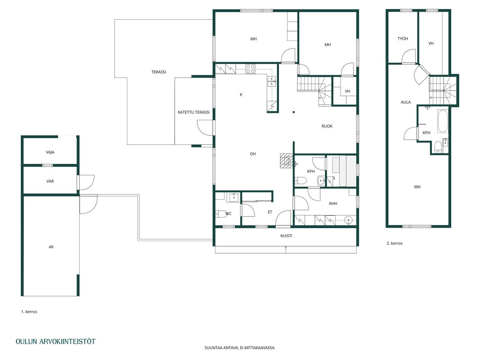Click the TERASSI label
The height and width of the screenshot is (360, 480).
pos(158,72)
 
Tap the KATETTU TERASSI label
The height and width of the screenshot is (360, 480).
pos(193,112)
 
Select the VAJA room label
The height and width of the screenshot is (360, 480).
pos(50,152)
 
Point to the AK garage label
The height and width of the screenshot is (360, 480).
pos(51,247)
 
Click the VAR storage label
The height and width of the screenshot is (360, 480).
pos(50,181)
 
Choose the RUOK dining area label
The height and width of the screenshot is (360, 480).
pos(327,126)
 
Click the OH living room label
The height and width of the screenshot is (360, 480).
pos(252,154)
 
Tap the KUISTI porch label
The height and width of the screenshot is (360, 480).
pos(286,236)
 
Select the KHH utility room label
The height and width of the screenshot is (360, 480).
pos(333,203)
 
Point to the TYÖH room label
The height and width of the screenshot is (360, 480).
pos(403,39)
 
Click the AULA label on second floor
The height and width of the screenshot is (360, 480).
pos(406,102)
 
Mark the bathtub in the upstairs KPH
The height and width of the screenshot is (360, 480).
pos(443,121)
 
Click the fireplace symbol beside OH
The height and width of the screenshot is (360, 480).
pos(287,161)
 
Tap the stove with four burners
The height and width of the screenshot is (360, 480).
pos(251,69)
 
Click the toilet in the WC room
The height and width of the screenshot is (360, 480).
pos(221,214)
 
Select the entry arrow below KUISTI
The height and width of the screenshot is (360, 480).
pos(286,249)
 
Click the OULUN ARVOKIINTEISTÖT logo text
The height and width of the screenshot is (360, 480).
pos(55,342)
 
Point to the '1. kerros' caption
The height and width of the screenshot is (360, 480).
pos(29,312)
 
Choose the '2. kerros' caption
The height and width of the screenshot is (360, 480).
pos(395,243)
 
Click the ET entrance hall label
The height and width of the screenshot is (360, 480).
pos(270,212)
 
